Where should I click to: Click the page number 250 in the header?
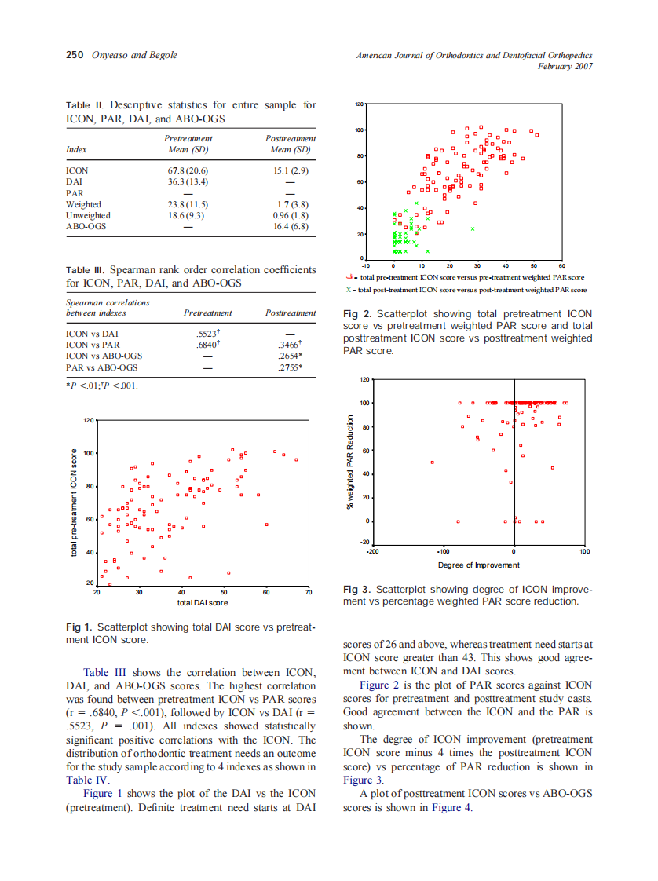point(73,55)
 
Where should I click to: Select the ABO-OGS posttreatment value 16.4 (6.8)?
point(291,227)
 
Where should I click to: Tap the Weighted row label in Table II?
point(83,204)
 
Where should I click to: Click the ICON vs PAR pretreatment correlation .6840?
point(207,344)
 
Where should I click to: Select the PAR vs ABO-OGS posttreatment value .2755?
point(291,367)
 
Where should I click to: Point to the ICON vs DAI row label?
point(92,333)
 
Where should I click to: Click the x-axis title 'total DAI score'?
point(202,603)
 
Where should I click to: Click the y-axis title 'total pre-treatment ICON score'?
point(74,503)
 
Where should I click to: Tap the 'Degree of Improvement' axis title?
point(478,565)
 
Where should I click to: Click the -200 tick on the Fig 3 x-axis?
point(373,551)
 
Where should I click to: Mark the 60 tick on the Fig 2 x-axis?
point(561,265)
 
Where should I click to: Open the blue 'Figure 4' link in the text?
point(451,808)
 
